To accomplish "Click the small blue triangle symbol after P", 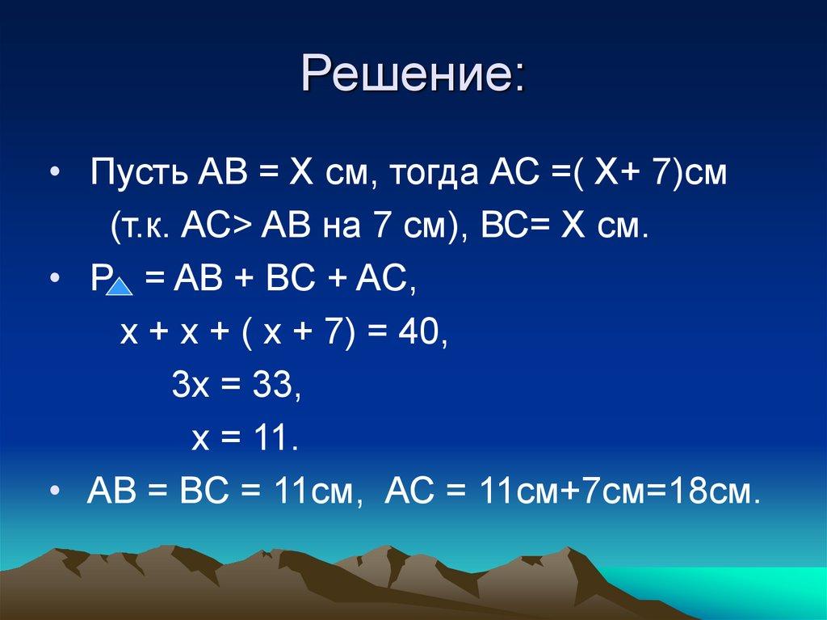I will click(x=119, y=287).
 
